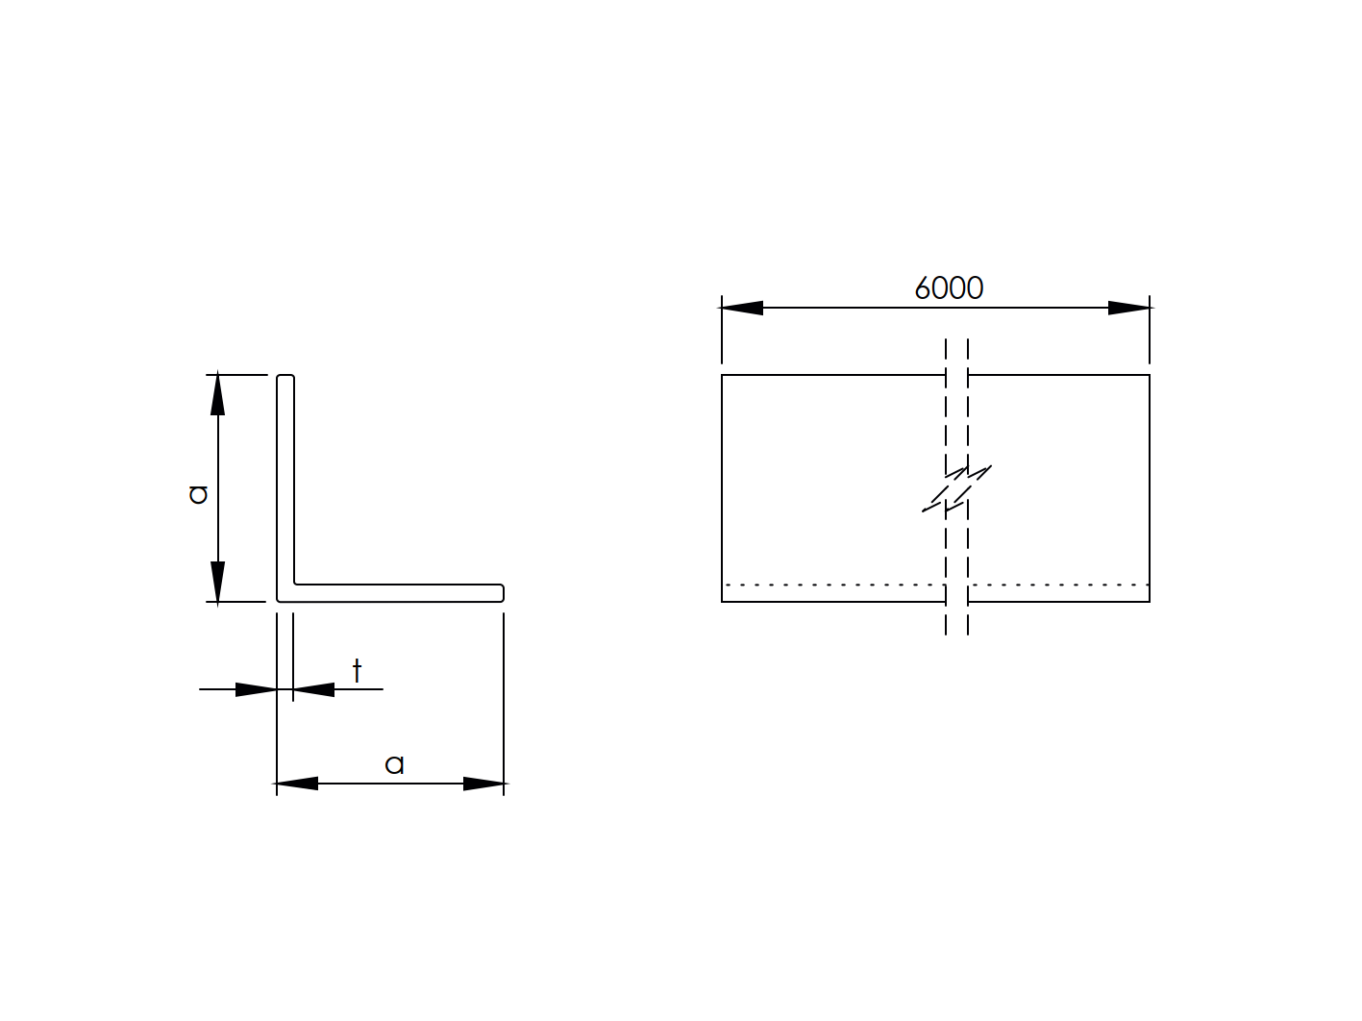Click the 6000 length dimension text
(x=948, y=287)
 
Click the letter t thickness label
(x=357, y=670)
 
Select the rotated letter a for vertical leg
(x=198, y=493)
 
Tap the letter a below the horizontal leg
(x=394, y=764)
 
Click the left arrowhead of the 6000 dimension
(x=742, y=308)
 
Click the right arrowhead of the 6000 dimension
(x=1128, y=308)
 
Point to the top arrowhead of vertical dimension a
(x=218, y=394)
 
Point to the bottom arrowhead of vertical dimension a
(x=218, y=583)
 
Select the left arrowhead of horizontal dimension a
(x=297, y=784)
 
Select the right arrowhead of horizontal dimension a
(x=483, y=784)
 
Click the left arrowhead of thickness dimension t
(x=257, y=689)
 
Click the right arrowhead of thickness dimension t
(x=313, y=689)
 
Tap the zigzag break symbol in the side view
(x=956, y=488)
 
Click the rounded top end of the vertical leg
(x=285, y=377)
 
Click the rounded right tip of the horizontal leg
(x=502, y=592)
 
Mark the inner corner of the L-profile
(x=295, y=583)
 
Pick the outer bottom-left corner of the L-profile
(x=279, y=601)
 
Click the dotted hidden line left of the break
(x=832, y=585)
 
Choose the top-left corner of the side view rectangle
(x=722, y=375)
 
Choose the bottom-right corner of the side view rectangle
(x=1150, y=602)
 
